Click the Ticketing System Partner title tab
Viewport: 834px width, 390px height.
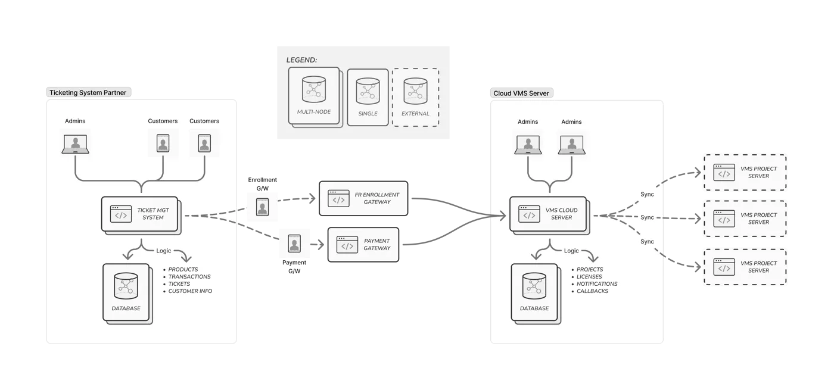(x=88, y=92)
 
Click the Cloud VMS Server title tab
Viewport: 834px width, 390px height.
(x=521, y=93)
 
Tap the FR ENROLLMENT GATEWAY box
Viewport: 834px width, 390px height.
(x=364, y=198)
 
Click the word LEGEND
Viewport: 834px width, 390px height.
(x=301, y=60)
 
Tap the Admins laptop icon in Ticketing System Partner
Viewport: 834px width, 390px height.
(x=76, y=143)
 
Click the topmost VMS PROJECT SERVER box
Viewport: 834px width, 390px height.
(x=745, y=172)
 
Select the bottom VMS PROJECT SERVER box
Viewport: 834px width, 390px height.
(x=745, y=267)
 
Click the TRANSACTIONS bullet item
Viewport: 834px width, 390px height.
(x=189, y=277)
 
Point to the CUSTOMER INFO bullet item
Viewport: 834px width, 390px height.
(x=190, y=291)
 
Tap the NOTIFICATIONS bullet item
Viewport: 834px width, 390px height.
(x=597, y=284)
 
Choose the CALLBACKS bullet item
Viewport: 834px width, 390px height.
(x=592, y=291)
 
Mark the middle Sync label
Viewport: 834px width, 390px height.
(x=647, y=218)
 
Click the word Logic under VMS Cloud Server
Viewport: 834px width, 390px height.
(x=571, y=251)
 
